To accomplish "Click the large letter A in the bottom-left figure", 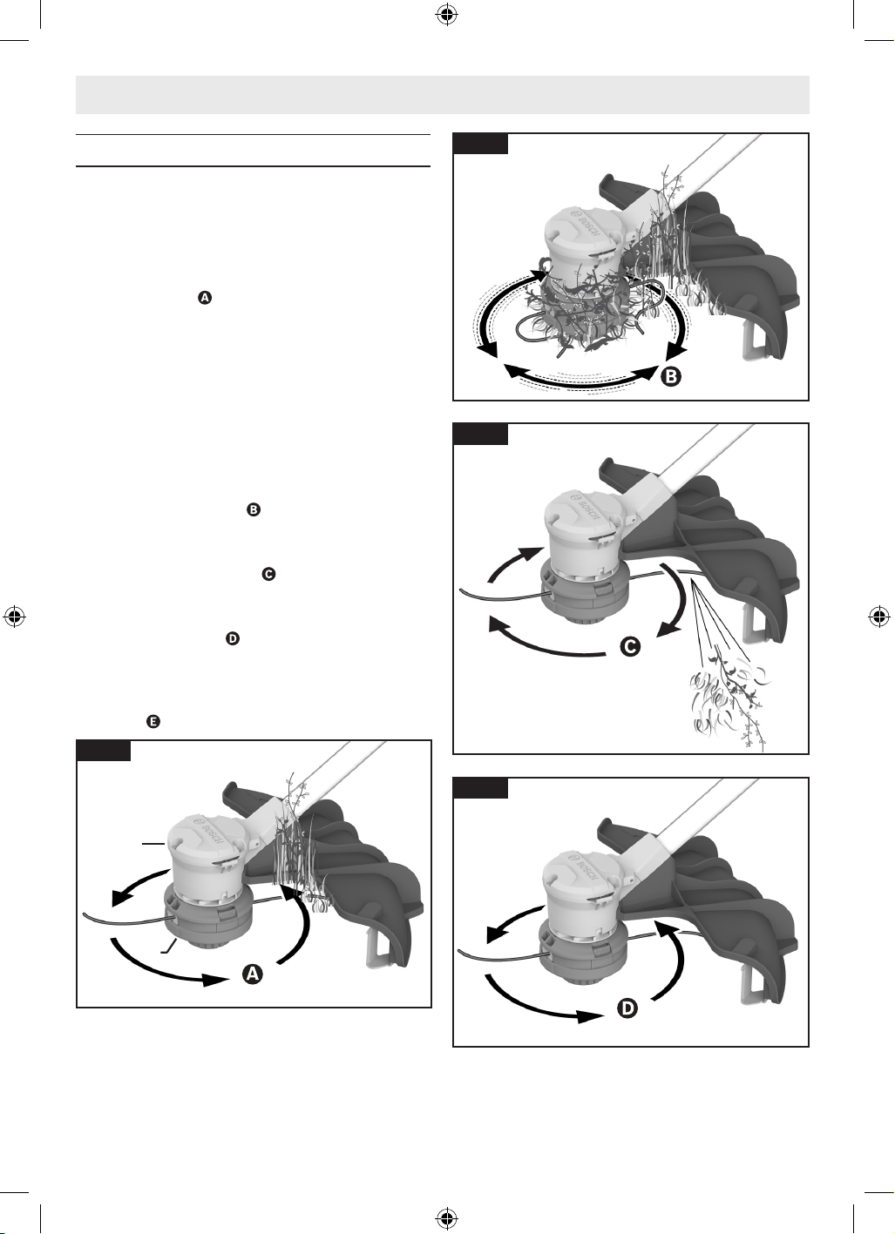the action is [253, 974].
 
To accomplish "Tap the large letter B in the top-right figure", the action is [670, 377].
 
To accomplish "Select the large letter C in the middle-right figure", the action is [630, 645].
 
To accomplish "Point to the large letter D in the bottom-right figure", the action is [627, 1008].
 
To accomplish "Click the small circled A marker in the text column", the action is [205, 298].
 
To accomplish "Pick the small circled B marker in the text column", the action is [253, 509].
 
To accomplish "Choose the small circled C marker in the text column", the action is [268, 574].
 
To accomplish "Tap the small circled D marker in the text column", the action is [233, 638].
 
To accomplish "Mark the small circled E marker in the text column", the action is [153, 721].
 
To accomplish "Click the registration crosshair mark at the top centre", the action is [447, 15].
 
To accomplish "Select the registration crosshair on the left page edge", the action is [15, 617].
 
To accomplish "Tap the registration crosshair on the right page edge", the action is [879, 617].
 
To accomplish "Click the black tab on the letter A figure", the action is [104, 751].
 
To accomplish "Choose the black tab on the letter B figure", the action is [480, 144].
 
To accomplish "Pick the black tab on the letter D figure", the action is [480, 788].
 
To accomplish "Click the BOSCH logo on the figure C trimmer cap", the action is [584, 508].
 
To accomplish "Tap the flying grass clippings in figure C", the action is [727, 705].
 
